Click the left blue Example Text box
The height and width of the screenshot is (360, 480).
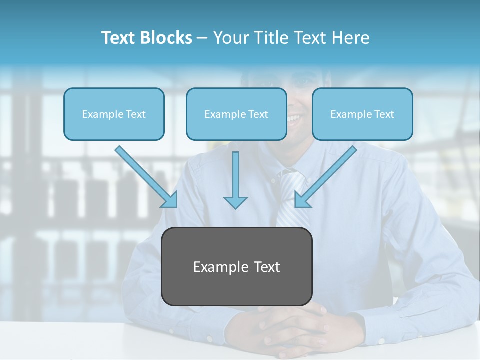[114, 114]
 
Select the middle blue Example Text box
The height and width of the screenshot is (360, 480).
[236, 114]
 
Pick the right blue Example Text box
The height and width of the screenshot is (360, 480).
[362, 114]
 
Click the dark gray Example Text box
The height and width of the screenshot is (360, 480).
[237, 267]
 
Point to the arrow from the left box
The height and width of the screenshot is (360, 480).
[145, 175]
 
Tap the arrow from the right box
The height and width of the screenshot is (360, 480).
[327, 175]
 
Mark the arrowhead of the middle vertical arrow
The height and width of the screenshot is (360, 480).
[235, 202]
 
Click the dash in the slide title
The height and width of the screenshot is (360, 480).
[202, 38]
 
